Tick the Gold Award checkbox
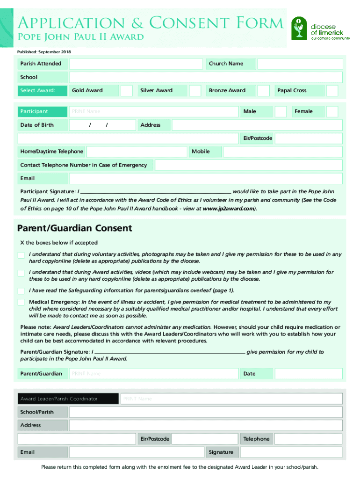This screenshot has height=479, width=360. click(x=126, y=91)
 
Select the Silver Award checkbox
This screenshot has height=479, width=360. click(x=195, y=91)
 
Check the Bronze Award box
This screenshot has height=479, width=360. click(x=264, y=91)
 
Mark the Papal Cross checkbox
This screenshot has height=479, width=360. click(x=332, y=91)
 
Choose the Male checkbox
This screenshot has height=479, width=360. click(x=281, y=111)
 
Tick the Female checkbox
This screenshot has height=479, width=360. click(x=332, y=111)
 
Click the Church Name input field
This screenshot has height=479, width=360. click(x=300, y=64)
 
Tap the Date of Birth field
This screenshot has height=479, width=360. click(x=102, y=125)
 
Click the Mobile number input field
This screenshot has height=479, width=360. click(x=283, y=152)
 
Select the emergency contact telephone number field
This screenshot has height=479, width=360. click(x=248, y=165)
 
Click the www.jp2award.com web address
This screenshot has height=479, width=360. click(x=229, y=209)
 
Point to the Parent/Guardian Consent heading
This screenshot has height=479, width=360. click(x=75, y=228)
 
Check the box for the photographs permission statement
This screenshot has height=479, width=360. click(x=21, y=255)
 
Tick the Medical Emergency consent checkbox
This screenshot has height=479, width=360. click(x=21, y=302)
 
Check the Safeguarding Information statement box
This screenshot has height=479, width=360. click(x=21, y=290)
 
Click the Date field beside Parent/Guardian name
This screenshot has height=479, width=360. click(x=309, y=374)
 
